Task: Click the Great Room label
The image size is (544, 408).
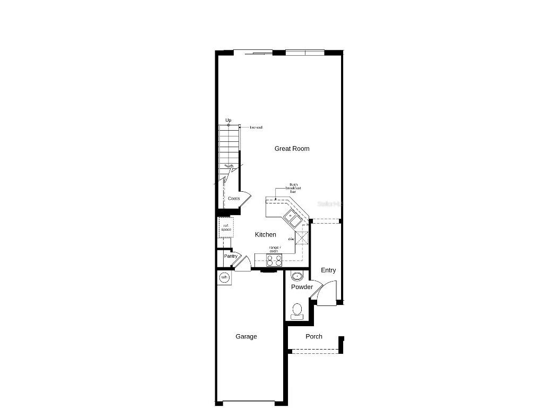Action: tap(292, 149)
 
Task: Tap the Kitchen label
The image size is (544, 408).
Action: tap(266, 235)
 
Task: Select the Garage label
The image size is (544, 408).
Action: tap(246, 337)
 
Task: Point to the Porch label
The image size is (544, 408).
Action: tap(314, 337)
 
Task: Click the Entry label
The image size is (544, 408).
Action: tap(328, 270)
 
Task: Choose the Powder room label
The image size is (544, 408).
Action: tap(302, 287)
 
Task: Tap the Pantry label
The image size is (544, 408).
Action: tap(231, 257)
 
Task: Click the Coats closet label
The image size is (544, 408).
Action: tap(234, 199)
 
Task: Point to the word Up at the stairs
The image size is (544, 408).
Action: tap(228, 121)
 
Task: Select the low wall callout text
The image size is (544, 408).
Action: tap(256, 127)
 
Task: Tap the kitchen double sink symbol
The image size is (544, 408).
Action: tap(291, 216)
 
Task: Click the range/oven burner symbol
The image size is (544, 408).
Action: tap(274, 260)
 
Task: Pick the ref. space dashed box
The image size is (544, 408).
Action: tap(226, 227)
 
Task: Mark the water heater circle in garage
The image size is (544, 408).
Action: tap(224, 278)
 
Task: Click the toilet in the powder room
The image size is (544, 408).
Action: tap(297, 310)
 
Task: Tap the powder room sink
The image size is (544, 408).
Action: tap(296, 276)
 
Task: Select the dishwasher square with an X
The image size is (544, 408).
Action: tap(302, 237)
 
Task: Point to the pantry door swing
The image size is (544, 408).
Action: tap(242, 263)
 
